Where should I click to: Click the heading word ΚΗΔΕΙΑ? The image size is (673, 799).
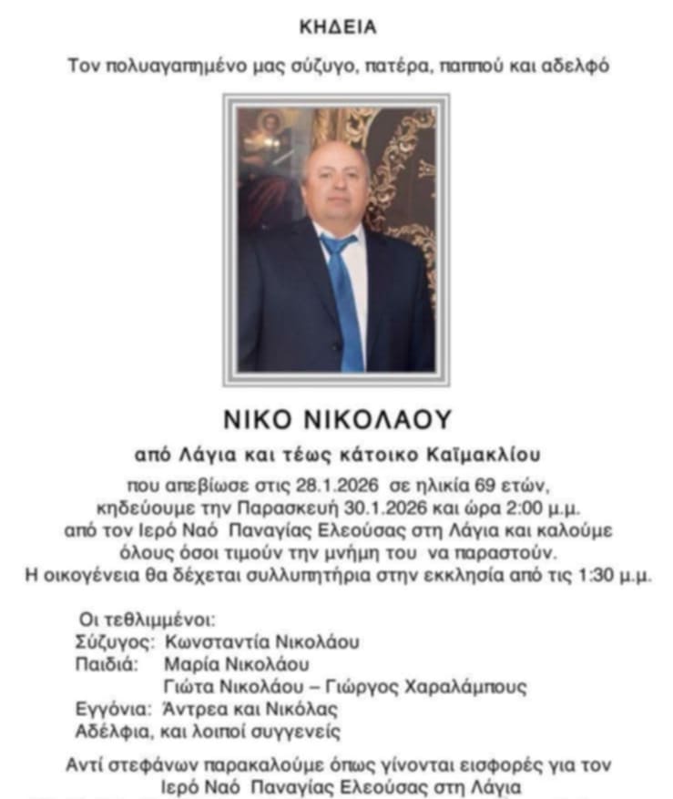(x=337, y=27)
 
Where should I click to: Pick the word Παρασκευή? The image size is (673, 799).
(x=301, y=507)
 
